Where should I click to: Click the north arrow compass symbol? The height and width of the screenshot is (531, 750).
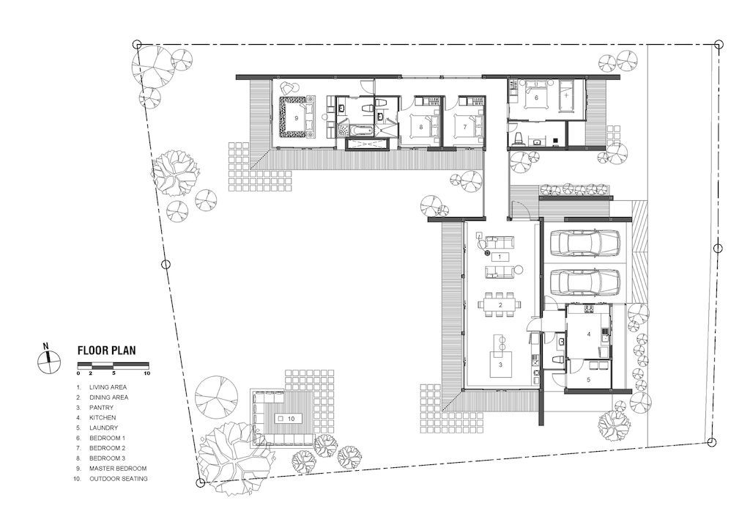tap(49, 361)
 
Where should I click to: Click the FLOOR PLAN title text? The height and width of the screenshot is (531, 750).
tap(107, 350)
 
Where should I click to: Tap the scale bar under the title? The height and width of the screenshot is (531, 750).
tap(114, 365)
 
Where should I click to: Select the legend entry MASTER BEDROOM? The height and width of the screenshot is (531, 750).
tap(118, 468)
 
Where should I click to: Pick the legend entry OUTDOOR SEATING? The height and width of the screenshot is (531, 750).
tap(118, 478)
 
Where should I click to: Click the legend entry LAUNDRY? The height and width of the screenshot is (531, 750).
tap(103, 428)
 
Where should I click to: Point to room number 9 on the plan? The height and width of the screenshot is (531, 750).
tap(296, 118)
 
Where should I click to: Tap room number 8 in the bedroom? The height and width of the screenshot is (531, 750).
tap(421, 127)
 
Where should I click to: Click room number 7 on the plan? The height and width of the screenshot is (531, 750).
tap(465, 127)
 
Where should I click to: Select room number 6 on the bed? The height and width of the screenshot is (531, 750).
tap(536, 98)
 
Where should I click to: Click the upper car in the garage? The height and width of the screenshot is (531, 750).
tap(585, 243)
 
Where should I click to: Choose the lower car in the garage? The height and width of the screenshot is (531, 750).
tap(585, 282)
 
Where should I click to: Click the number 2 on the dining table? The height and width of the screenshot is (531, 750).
tap(500, 305)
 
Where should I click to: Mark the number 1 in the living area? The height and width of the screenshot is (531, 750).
tap(500, 257)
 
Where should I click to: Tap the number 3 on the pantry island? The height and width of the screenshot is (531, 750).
tap(500, 365)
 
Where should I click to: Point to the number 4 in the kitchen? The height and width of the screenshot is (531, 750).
tap(589, 334)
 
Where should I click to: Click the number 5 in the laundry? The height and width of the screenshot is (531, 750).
tap(589, 380)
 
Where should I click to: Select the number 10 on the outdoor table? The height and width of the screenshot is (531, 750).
tap(292, 419)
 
